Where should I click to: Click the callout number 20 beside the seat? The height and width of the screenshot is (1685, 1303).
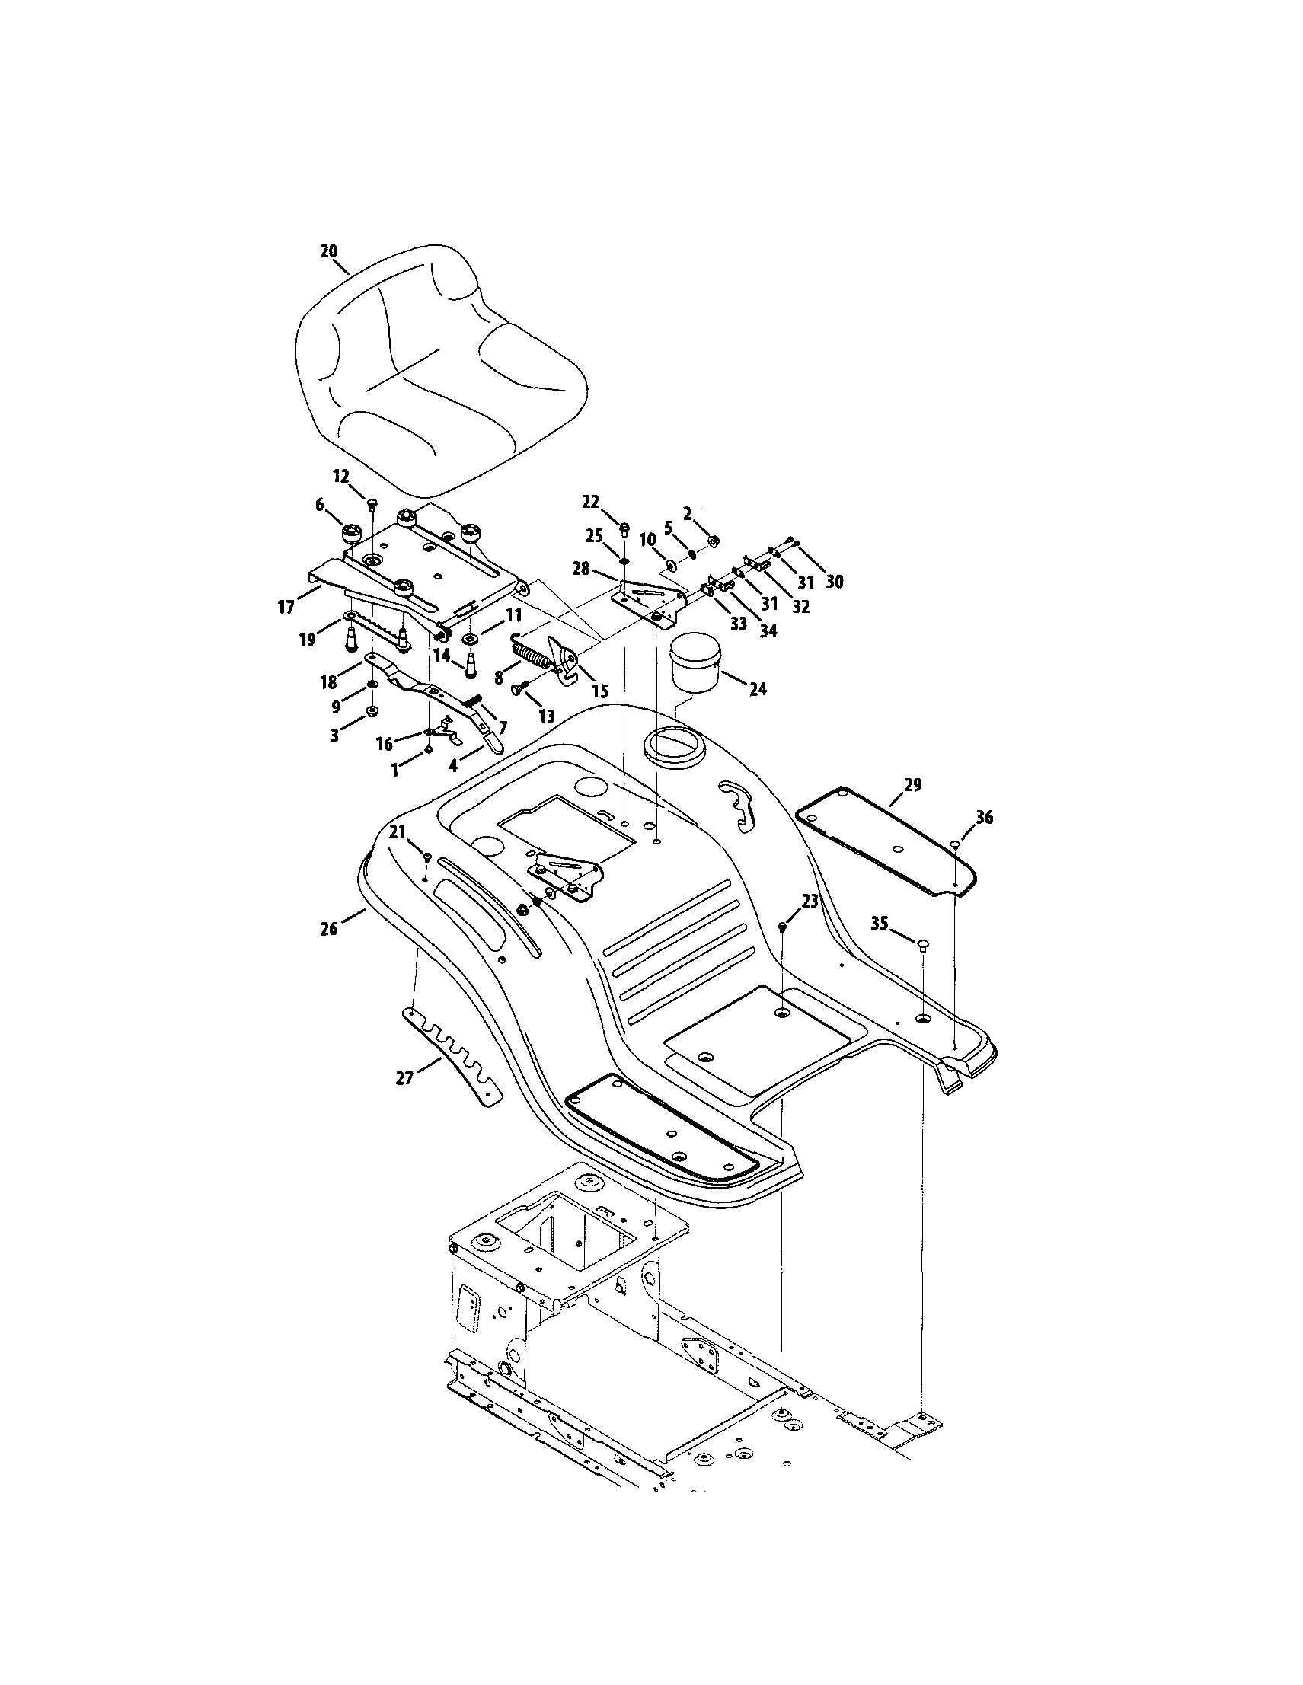coord(329,251)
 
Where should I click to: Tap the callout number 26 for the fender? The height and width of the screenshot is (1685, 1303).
coord(330,929)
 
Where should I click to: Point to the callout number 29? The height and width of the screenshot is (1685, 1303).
coord(912,786)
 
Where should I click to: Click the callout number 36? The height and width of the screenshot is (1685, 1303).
coord(985,817)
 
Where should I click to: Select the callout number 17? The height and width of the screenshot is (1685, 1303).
coord(286,607)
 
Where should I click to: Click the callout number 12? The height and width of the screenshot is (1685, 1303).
coord(341,475)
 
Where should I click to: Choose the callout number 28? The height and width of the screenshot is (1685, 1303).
coord(581,569)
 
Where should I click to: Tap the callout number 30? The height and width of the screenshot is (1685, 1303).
coord(834,581)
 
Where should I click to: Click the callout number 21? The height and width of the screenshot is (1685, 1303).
coord(398,831)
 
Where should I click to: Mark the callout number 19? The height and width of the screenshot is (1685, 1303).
coord(308,640)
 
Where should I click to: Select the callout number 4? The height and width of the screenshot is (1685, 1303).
coord(454,766)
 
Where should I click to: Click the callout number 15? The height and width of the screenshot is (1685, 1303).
coord(599,691)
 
